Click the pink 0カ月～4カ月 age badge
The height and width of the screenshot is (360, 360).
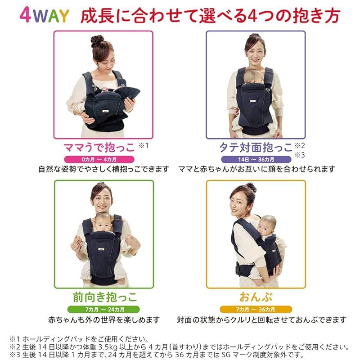pos(103,159)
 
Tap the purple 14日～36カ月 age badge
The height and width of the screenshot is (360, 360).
pos(255,159)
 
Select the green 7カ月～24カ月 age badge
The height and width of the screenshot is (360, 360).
pos(104,309)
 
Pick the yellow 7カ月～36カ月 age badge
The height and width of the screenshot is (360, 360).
pos(255,309)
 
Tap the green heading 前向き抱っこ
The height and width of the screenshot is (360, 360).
pos(104,297)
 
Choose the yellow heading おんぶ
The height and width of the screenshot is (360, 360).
pos(256,297)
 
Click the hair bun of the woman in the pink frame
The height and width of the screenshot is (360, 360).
pos(97,40)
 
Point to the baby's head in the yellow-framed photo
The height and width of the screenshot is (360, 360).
pos(268,223)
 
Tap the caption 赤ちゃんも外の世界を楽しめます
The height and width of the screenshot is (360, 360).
pos(104,320)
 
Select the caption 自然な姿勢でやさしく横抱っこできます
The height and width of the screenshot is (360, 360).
pos(103,169)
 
